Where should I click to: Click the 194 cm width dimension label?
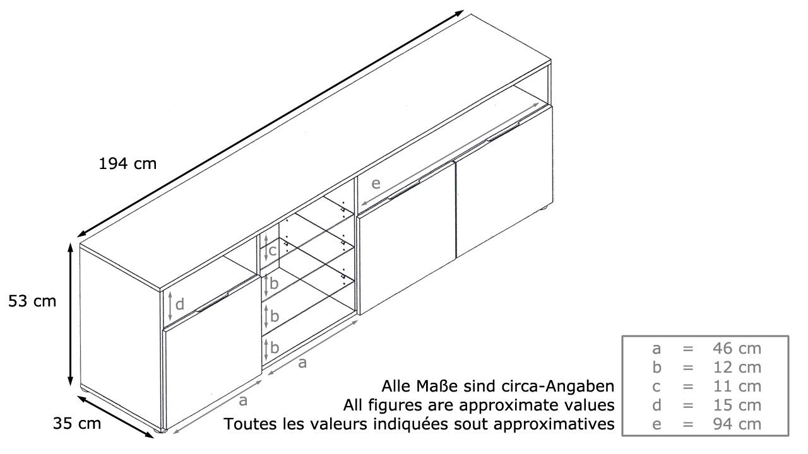(128, 164)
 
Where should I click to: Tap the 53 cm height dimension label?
(32, 301)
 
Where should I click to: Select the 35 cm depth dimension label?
(77, 423)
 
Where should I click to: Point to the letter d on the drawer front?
(180, 304)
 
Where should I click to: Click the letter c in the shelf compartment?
(272, 250)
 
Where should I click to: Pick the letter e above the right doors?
(376, 183)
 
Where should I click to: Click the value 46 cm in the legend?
(737, 349)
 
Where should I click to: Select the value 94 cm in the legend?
(737, 424)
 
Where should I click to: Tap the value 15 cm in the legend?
(737, 405)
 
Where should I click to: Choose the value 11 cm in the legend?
(737, 387)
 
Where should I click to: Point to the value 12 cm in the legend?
(737, 368)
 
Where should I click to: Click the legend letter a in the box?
(656, 349)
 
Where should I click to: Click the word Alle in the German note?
(396, 387)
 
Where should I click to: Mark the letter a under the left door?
(243, 400)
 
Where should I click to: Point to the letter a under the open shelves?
(302, 363)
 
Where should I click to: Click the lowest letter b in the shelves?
(275, 347)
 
